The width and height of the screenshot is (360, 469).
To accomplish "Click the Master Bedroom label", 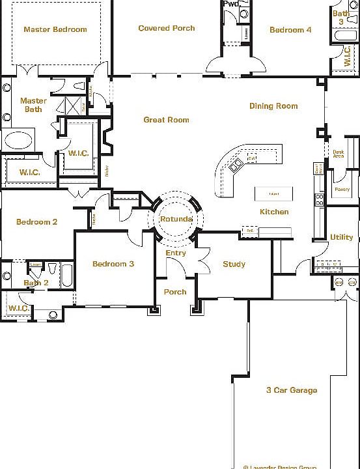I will (55, 29).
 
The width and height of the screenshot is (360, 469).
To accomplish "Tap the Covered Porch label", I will (167, 28).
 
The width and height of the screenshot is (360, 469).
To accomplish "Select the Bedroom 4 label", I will (290, 30).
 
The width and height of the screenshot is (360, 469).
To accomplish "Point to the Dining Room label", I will (273, 106).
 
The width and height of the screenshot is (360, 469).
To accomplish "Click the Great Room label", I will (166, 120).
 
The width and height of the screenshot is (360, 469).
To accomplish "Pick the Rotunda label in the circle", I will (176, 219).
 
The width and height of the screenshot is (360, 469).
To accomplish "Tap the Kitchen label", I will (274, 212).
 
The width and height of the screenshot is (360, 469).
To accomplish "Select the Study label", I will (234, 264).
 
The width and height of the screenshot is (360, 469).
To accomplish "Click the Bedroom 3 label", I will (113, 264).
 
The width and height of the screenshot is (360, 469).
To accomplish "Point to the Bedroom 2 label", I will (36, 222).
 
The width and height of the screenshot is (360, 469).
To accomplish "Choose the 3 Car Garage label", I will (292, 390).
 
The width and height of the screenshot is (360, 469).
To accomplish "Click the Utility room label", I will (342, 237).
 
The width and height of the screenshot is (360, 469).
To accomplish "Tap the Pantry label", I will (342, 190).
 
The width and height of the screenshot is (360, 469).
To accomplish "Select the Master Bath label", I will (33, 105).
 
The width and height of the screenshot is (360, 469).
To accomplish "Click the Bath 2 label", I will (36, 283).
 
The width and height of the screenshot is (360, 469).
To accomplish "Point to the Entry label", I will (176, 253).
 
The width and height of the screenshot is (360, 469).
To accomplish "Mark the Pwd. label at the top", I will (230, 4).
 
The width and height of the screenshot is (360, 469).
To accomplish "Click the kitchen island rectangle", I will (273, 193).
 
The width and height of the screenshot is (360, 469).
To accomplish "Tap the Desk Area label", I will (339, 154).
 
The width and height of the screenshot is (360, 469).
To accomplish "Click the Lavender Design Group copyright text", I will (280, 466).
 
